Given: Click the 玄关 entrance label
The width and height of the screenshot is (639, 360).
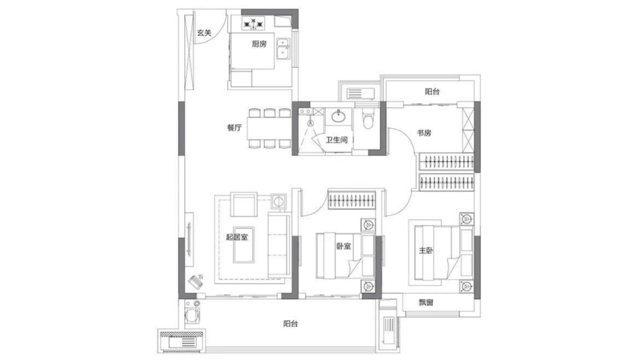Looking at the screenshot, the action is (204, 33).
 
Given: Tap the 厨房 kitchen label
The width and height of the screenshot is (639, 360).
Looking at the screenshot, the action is (259, 44).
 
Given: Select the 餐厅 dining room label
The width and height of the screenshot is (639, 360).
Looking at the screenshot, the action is (234, 128).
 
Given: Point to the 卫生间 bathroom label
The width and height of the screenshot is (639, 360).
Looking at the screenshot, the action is (337, 140).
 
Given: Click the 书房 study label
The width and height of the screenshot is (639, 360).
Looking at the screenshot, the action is (424, 133).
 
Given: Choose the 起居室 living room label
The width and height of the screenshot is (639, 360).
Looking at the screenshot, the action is (237, 236).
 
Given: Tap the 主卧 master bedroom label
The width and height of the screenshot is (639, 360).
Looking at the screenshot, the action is (426, 250).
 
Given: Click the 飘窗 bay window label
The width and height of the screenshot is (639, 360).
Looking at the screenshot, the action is (426, 302).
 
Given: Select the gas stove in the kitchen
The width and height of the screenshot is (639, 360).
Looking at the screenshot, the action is (253, 23).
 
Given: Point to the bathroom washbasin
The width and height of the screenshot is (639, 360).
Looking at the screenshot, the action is (338, 117).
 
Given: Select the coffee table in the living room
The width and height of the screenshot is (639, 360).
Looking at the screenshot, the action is (244, 245).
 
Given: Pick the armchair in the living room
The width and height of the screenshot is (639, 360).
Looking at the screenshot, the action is (244, 204).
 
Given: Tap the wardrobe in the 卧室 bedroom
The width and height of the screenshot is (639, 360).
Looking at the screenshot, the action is (351, 200).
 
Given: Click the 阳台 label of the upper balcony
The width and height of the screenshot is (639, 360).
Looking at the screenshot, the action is (433, 92).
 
